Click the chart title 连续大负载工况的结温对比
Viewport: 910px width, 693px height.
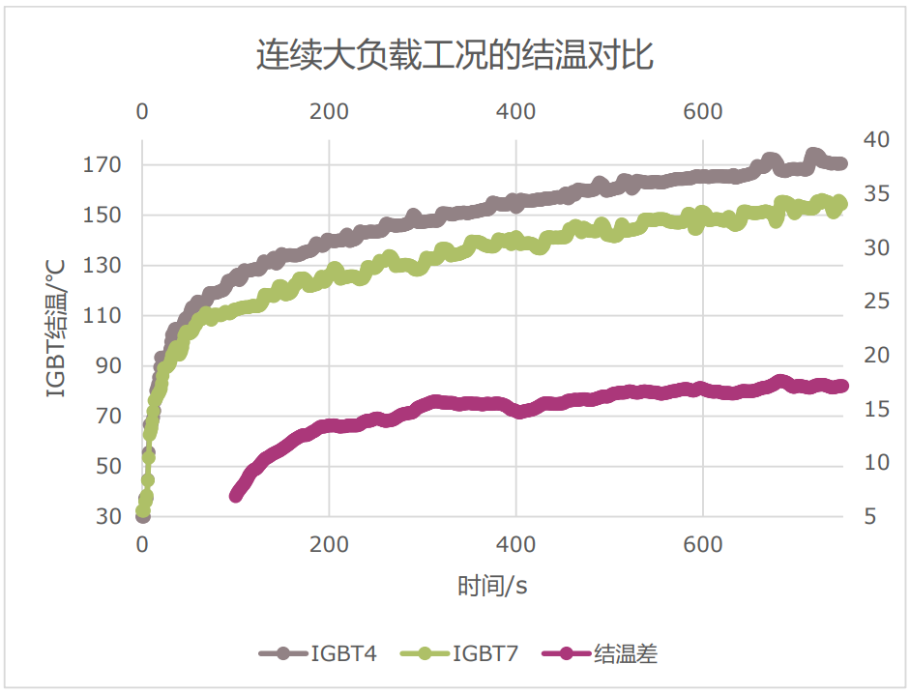(x=455, y=55)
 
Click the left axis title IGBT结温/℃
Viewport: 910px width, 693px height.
(x=56, y=329)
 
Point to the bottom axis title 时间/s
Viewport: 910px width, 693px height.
(x=492, y=586)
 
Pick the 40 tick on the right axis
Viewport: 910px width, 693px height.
(x=875, y=140)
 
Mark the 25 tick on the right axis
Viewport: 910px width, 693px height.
(x=875, y=302)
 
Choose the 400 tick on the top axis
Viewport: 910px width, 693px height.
(x=515, y=111)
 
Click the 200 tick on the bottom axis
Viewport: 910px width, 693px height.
(x=329, y=544)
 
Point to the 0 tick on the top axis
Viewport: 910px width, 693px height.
(x=142, y=111)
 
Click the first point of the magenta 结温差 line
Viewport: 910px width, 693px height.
(x=236, y=495)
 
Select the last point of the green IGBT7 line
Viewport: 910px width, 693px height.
(x=840, y=203)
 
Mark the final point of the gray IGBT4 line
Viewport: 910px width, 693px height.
(x=840, y=164)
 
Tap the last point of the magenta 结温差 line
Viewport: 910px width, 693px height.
(x=841, y=386)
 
